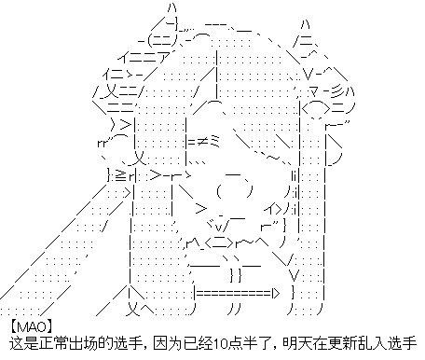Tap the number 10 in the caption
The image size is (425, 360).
click(x=220, y=343)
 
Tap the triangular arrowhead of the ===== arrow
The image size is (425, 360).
click(x=276, y=293)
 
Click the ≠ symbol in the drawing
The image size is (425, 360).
click(x=201, y=143)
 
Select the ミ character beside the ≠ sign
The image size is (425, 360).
click(x=214, y=142)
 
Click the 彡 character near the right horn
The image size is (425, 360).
click(x=338, y=92)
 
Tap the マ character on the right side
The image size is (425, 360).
click(x=314, y=92)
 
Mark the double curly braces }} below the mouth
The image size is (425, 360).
click(x=236, y=276)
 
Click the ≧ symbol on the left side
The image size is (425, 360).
click(x=120, y=176)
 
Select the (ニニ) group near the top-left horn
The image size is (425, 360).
click(x=162, y=40)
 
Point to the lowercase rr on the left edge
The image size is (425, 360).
click(x=103, y=144)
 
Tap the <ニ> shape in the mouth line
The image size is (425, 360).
click(x=219, y=243)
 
